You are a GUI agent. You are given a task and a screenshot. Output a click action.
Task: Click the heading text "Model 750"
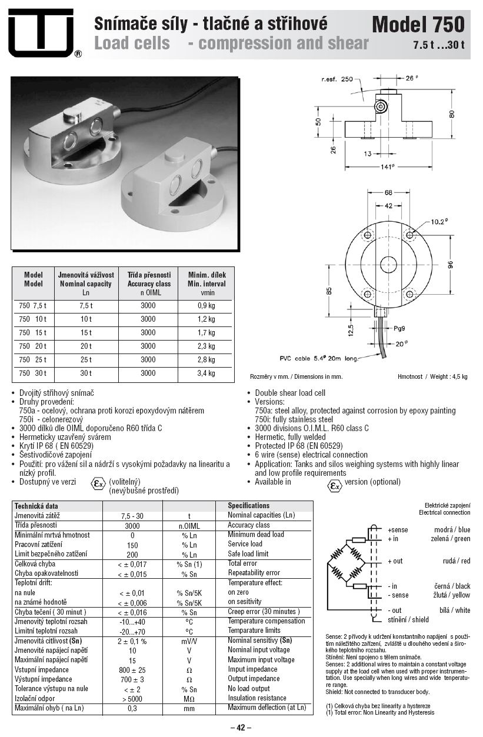pos(418,24)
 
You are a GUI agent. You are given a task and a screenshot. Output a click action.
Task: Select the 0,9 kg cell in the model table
pos(206,306)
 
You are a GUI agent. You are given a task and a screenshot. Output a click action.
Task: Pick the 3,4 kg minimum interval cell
pos(206,373)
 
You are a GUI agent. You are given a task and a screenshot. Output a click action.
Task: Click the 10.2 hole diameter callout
pos(439,222)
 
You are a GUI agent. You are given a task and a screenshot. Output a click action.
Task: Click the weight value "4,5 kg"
pos(458,376)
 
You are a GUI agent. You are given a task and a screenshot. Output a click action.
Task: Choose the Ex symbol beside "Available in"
pos(335,485)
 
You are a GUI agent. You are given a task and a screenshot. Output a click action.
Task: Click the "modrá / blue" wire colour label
pos(452,530)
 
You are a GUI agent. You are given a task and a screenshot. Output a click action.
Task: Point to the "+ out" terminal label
pos(395,561)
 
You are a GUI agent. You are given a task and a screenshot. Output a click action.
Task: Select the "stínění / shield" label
pos(408,619)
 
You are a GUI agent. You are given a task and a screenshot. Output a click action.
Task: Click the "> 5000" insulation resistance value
pos(132,698)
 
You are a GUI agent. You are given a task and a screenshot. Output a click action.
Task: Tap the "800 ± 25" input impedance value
pos(132,670)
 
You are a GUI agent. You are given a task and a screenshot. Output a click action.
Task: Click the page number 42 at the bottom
pos(240,728)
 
